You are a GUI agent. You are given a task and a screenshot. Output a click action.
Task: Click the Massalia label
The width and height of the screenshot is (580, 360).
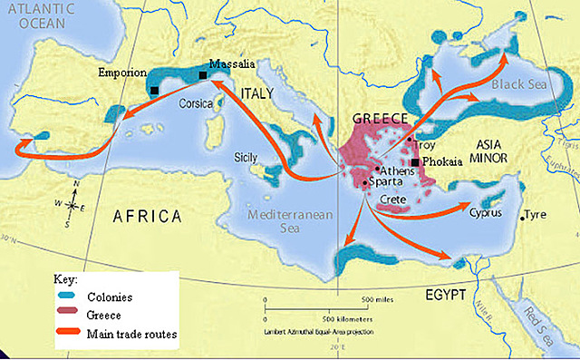(231, 64)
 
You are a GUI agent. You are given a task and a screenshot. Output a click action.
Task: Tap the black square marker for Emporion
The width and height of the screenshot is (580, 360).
(156, 90)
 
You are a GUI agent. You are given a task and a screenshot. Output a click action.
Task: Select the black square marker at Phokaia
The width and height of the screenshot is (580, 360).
(415, 162)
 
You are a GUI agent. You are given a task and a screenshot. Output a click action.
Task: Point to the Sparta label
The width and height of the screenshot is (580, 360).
(387, 182)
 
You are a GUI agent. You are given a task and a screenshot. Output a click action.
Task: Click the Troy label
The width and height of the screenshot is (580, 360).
(424, 144)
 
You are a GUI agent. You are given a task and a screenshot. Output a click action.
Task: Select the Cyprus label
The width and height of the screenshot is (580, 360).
(486, 214)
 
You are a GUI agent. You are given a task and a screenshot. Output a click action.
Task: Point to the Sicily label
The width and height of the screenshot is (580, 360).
(247, 155)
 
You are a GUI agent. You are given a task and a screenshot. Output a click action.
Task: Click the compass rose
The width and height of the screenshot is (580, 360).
(72, 202)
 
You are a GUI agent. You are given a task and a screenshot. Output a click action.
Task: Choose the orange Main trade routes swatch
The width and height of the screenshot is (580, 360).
(67, 334)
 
